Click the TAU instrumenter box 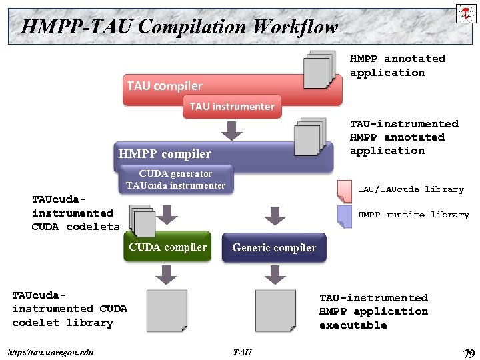232,107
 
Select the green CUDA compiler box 168,247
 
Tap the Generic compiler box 274,248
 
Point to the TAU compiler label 165,85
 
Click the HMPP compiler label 165,154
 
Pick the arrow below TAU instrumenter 232,131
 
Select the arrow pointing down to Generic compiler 274,215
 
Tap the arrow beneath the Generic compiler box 274,274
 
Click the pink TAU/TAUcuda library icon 345,191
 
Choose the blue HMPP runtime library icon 345,216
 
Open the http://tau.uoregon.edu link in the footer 49,352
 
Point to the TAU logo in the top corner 465,13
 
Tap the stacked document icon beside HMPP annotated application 318,69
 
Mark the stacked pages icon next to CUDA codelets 141,221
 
